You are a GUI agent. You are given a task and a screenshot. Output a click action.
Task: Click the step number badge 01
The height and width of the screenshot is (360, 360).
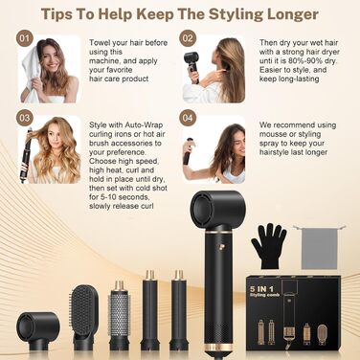pyautogui.click(x=25, y=38)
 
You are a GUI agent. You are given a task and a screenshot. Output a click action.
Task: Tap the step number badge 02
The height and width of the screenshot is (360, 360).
pyautogui.click(x=188, y=38)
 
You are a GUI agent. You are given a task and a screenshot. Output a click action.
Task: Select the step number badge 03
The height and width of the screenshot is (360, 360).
pyautogui.click(x=25, y=118)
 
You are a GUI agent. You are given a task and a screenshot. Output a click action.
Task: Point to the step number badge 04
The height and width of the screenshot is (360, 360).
pyautogui.click(x=188, y=118)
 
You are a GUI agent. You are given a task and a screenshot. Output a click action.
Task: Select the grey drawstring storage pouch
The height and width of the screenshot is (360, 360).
pyautogui.click(x=319, y=247)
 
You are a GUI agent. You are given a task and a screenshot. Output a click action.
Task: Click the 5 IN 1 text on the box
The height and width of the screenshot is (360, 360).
pyautogui.click(x=261, y=289)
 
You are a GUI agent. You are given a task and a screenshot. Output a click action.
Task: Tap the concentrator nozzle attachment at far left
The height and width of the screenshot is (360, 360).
pyautogui.click(x=37, y=331)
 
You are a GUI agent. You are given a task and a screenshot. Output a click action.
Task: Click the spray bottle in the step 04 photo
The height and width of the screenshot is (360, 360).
pyautogui.click(x=189, y=151)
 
